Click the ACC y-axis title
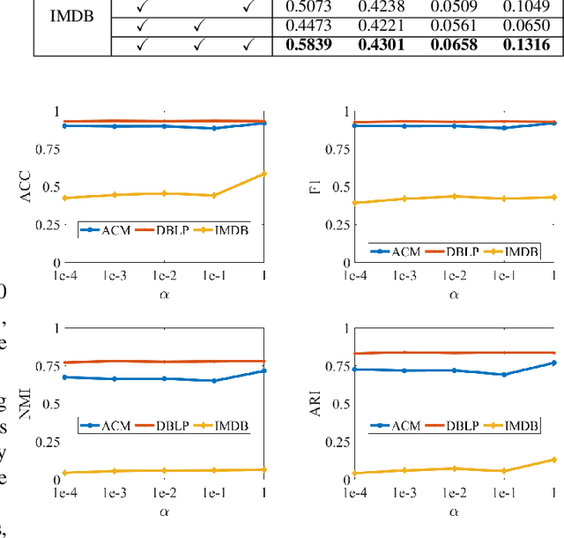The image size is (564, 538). tap(25, 188)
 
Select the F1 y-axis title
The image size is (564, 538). tap(315, 188)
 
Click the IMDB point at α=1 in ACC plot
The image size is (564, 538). tap(263, 173)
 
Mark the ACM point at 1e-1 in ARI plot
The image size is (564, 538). tap(503, 375)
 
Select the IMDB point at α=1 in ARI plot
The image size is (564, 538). tap(553, 460)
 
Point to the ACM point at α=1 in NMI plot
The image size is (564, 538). tap(263, 370)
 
